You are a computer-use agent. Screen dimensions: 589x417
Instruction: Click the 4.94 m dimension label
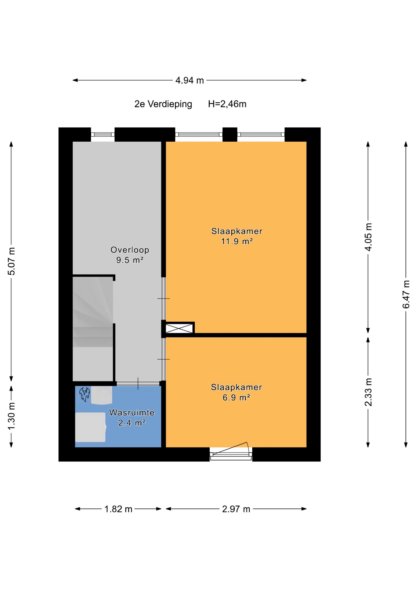pyautogui.click(x=189, y=80)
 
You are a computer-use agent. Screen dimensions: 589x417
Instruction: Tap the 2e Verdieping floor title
pyautogui.click(x=163, y=104)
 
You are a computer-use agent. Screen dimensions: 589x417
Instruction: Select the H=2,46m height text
pyautogui.click(x=227, y=104)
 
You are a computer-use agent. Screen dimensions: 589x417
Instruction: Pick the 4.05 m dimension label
pyautogui.click(x=368, y=237)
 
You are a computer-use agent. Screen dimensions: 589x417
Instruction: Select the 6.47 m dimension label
pyautogui.click(x=406, y=294)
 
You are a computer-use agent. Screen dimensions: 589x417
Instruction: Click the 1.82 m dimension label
pyautogui.click(x=118, y=509)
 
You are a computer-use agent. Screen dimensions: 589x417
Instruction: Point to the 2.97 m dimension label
pyautogui.click(x=236, y=509)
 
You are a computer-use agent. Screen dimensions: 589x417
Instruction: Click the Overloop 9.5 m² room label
pyautogui.click(x=130, y=255)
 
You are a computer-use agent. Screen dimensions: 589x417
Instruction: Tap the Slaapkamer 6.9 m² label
pyautogui.click(x=236, y=392)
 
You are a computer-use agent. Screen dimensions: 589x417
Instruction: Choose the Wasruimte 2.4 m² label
pyautogui.click(x=132, y=418)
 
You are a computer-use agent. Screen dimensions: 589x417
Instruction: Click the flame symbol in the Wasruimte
pyautogui.click(x=84, y=394)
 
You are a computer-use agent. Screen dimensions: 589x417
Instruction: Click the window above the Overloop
pyautogui.click(x=103, y=134)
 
